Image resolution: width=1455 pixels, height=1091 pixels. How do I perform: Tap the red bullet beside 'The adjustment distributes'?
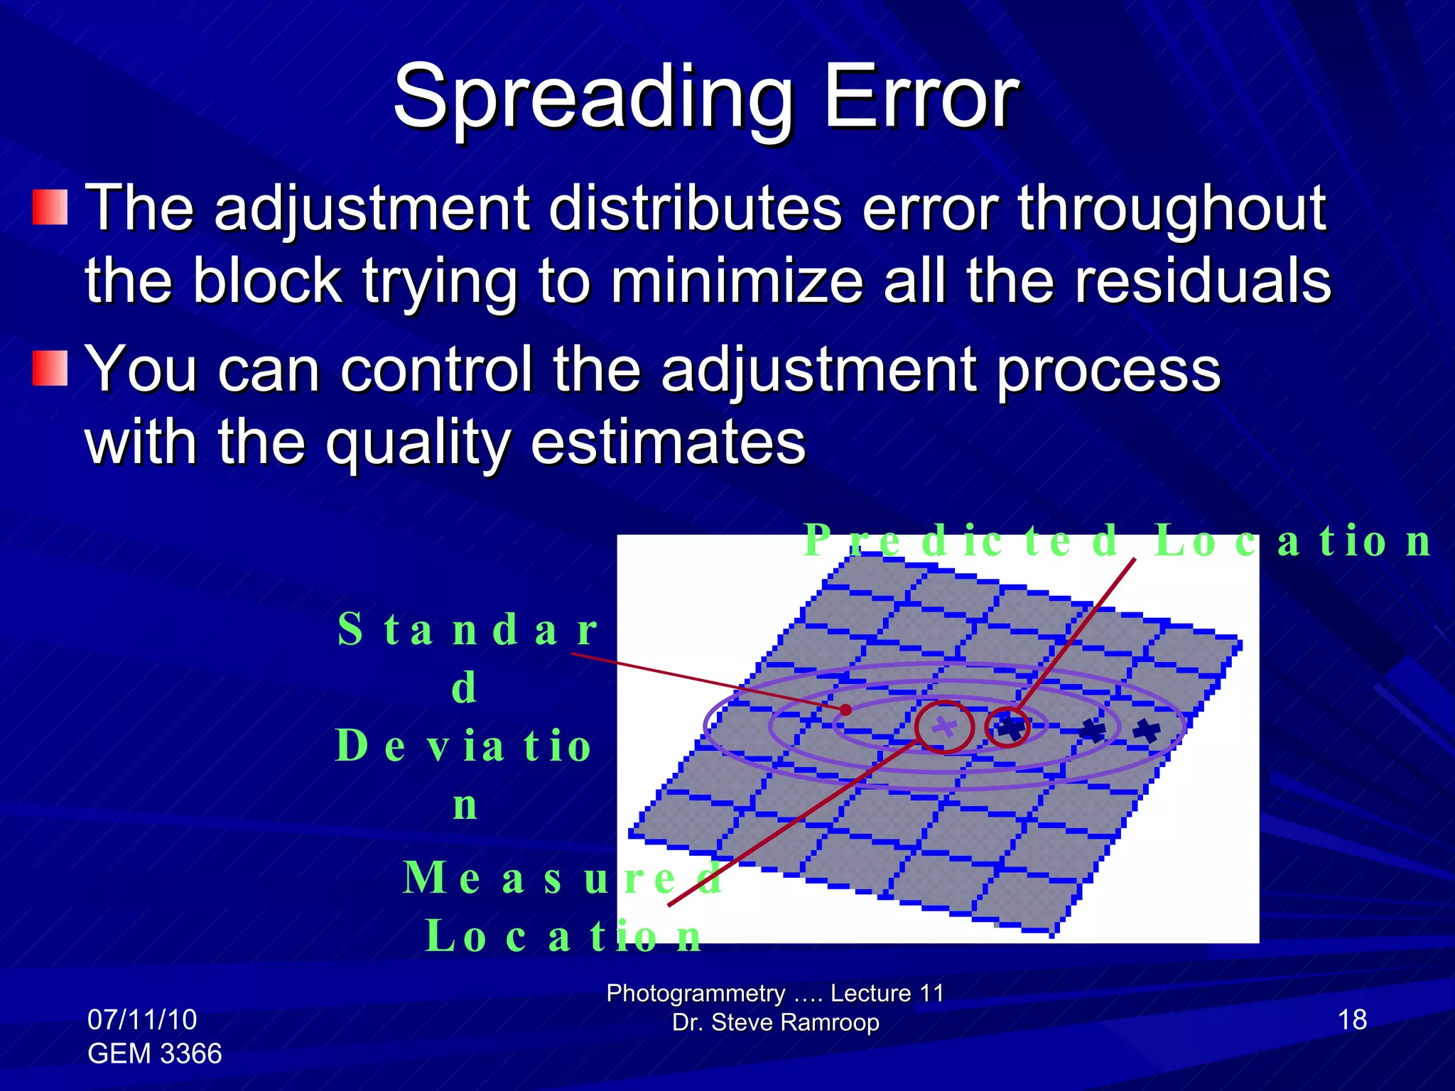50,207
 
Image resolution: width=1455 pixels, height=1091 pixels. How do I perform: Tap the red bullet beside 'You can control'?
50,368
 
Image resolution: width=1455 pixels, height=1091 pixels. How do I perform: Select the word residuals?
1202,281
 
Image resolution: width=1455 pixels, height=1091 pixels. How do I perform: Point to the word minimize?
737,281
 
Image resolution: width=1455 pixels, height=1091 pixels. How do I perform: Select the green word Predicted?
963,541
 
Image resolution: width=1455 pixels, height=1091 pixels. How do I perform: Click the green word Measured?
561,878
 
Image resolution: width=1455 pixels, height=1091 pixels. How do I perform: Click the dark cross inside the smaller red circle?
1010,727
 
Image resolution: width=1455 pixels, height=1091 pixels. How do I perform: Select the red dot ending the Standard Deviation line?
845,710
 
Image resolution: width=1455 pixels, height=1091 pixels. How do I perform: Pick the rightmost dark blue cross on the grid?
1146,730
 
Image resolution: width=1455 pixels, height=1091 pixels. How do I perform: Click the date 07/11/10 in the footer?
142,1020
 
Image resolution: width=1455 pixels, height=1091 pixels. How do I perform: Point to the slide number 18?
1352,1020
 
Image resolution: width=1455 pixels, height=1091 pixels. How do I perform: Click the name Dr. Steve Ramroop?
775,1023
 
